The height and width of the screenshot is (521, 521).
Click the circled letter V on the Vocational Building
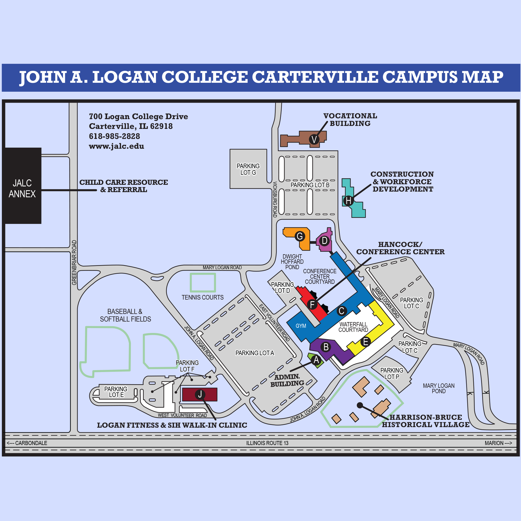point(314,139)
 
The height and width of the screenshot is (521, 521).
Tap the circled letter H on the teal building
point(348,201)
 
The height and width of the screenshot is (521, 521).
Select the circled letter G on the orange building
point(300,236)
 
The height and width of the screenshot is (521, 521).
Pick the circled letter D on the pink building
point(325,241)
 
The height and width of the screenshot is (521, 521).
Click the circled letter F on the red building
point(312,304)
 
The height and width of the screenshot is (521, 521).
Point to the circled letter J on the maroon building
point(200,395)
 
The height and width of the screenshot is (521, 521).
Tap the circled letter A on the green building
point(316,360)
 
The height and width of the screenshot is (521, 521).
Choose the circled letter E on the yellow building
point(366,342)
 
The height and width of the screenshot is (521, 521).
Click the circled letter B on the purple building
point(326,347)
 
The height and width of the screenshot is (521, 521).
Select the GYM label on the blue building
point(301,326)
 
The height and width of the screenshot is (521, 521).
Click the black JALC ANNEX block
point(23,186)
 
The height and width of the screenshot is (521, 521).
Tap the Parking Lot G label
point(248,169)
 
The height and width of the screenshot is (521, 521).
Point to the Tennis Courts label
point(203,297)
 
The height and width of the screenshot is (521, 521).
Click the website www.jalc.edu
point(116,146)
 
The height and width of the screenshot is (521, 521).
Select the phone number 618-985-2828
point(115,136)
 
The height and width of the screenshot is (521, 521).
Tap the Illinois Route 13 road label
point(267,443)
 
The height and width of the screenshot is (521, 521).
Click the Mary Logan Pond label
point(439,388)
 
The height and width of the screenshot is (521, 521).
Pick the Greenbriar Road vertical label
point(74,262)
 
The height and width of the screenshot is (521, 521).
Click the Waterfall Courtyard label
point(353,327)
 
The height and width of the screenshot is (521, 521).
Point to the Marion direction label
point(498,443)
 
